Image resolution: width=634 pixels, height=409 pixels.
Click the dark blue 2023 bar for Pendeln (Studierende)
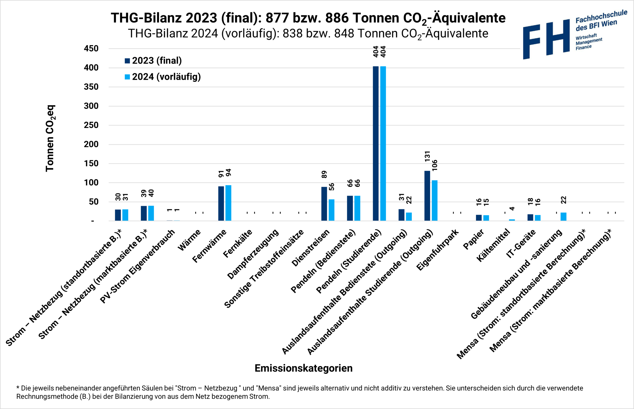375,143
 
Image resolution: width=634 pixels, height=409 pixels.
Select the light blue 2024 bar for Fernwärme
228,203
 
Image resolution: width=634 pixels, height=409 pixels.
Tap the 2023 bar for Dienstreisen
324,204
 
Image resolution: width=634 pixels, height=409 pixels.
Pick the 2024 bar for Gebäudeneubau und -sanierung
563,217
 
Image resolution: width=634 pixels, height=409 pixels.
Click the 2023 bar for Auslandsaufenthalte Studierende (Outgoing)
427,196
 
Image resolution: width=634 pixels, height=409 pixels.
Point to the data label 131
427,156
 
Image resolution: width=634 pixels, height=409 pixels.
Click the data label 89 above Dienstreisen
324,174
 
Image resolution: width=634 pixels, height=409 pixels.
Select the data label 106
435,165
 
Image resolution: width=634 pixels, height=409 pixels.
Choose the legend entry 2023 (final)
153,61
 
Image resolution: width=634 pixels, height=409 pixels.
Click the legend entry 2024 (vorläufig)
162,77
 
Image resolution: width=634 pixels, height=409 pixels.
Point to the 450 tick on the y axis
91,49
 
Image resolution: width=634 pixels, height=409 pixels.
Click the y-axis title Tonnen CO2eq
50,138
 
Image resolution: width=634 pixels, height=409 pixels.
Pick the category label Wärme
189,240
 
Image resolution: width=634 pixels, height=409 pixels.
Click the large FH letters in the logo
546,39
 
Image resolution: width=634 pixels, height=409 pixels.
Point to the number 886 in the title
337,18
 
